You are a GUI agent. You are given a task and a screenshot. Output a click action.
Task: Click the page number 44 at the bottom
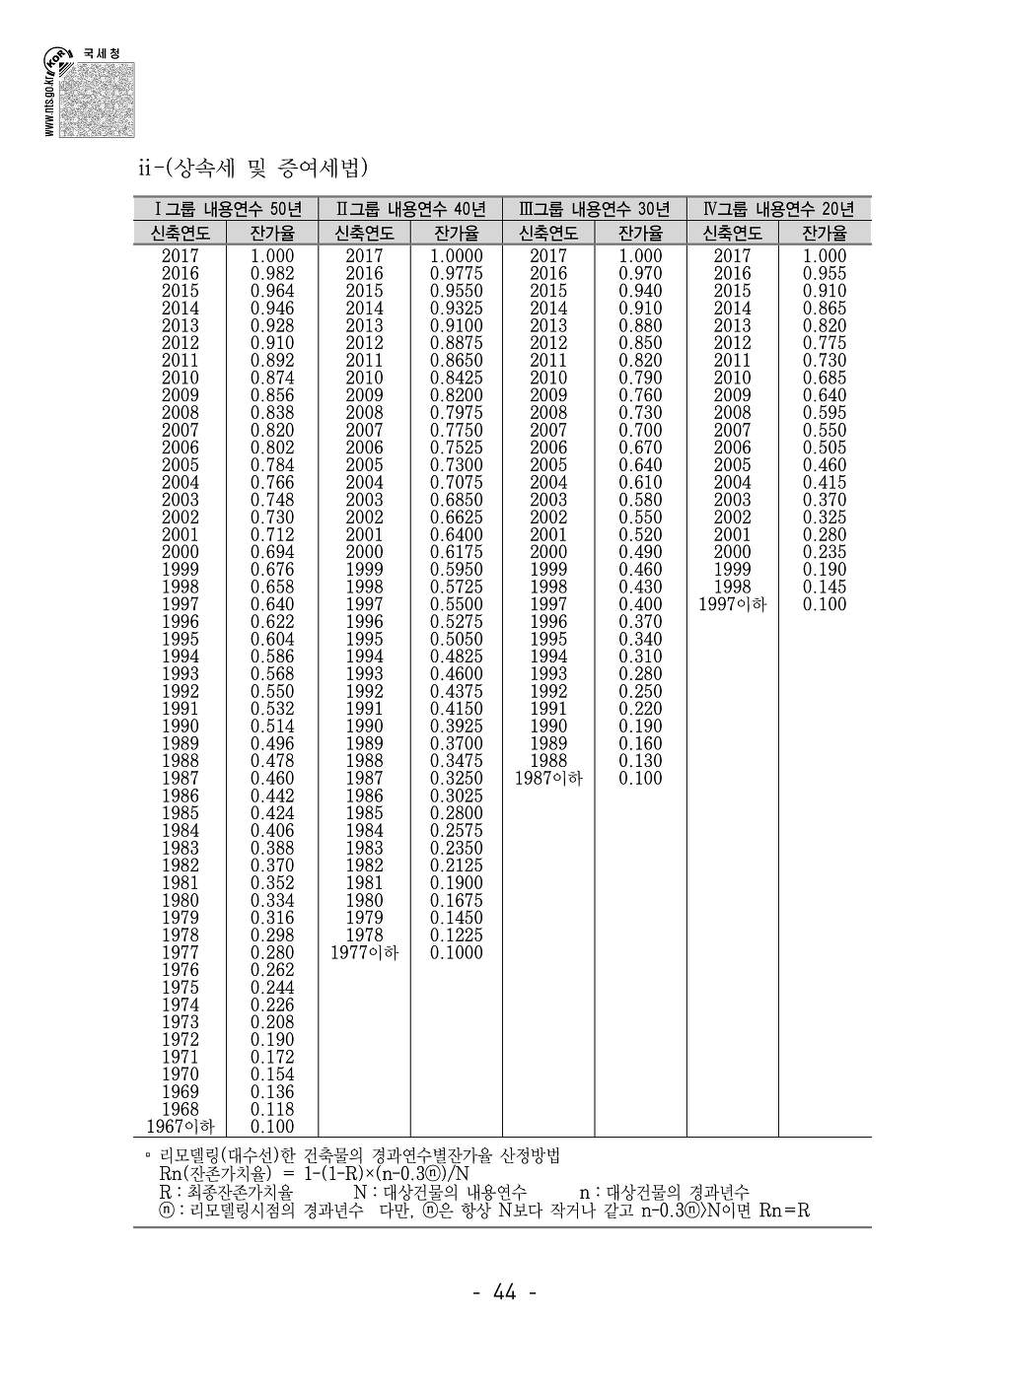coord(504,1292)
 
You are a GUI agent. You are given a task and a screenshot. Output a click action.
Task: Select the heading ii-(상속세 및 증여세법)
coord(252,169)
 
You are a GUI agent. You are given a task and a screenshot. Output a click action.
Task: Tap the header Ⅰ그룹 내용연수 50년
coord(228,209)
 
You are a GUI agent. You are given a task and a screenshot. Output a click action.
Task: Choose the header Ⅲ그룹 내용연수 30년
coord(594,209)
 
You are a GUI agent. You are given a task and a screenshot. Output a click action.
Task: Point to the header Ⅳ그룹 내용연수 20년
coord(778,209)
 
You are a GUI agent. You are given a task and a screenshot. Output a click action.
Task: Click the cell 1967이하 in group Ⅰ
coord(180,1127)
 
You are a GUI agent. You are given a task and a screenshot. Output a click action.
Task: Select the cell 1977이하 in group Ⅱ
coord(364,952)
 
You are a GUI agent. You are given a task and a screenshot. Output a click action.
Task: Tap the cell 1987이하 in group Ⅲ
coord(548,778)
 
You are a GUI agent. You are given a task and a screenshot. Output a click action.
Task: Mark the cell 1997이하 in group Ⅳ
coord(732,604)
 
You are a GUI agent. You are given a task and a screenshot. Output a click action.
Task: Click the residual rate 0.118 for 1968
coord(272,1109)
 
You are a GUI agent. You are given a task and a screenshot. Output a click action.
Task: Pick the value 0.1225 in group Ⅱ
coord(457,935)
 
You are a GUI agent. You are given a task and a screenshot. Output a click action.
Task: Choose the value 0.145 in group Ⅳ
coord(825,587)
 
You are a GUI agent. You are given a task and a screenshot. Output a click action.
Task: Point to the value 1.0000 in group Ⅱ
coord(457,256)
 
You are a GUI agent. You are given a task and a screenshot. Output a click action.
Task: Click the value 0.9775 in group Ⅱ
coord(457,273)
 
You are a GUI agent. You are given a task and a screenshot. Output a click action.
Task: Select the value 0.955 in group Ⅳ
coord(825,273)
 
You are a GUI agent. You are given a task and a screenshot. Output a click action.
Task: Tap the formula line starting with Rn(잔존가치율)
coord(313,1174)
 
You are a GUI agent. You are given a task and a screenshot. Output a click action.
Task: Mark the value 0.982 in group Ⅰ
coord(272,273)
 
